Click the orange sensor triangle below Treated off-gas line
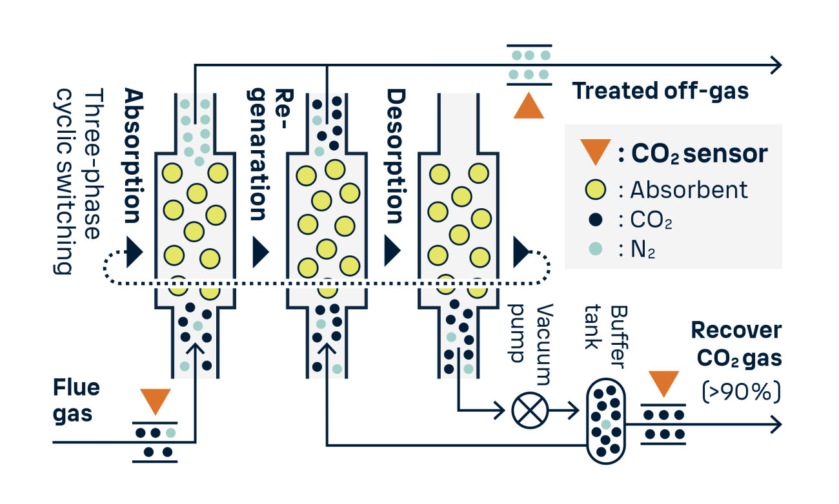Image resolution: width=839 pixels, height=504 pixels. point(529,106)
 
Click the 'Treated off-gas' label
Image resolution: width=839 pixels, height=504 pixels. point(660,91)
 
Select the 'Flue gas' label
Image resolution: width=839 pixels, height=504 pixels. point(76,400)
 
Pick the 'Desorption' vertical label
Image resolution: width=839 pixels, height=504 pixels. point(395,156)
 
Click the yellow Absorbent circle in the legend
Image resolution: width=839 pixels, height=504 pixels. point(596,189)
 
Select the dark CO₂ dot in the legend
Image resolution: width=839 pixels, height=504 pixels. point(596,220)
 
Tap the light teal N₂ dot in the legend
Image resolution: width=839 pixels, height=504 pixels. point(596,249)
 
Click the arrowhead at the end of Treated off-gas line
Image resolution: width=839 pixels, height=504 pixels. point(776,64)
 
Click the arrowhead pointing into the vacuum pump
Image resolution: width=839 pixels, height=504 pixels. point(499,409)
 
